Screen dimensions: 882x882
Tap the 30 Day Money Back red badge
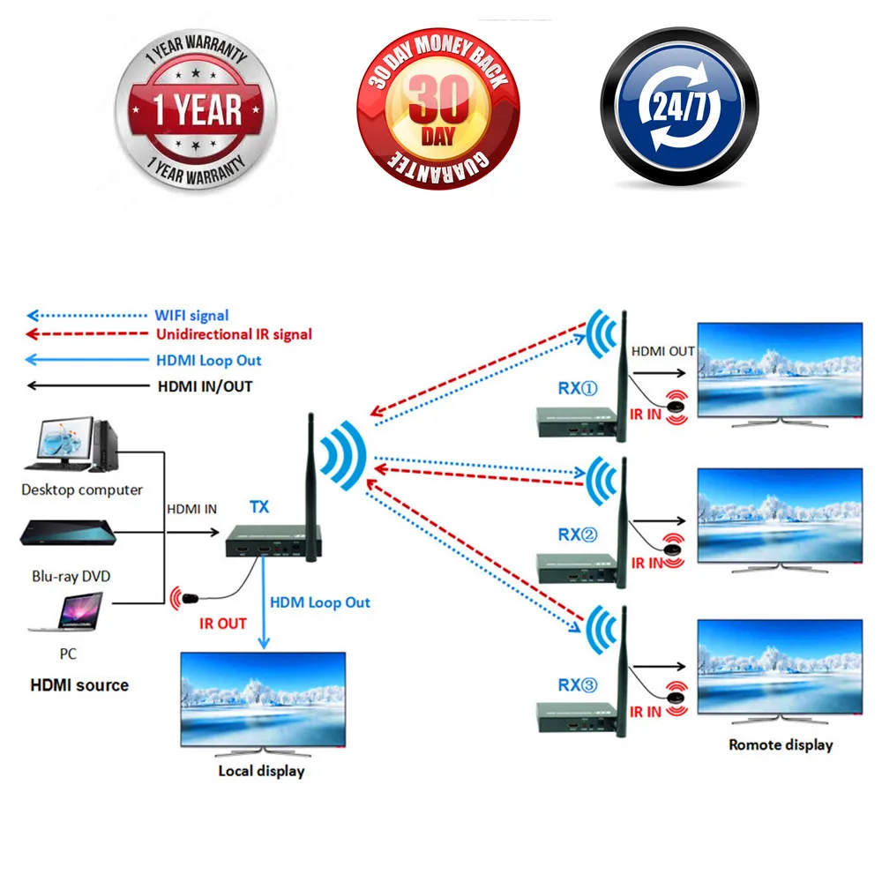point(438,109)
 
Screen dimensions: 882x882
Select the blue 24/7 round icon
point(679,109)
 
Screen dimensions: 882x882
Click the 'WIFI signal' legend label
point(191,315)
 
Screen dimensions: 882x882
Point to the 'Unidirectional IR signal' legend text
point(234,334)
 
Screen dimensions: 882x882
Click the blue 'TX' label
point(260,507)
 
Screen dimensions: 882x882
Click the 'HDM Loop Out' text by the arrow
point(319,602)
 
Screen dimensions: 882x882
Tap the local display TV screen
point(263,700)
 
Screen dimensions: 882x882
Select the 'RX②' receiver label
point(578,534)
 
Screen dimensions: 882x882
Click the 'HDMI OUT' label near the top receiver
point(662,351)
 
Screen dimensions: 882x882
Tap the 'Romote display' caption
point(781,744)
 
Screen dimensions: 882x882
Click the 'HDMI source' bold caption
point(79,684)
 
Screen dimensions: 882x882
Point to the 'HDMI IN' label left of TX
point(191,509)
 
